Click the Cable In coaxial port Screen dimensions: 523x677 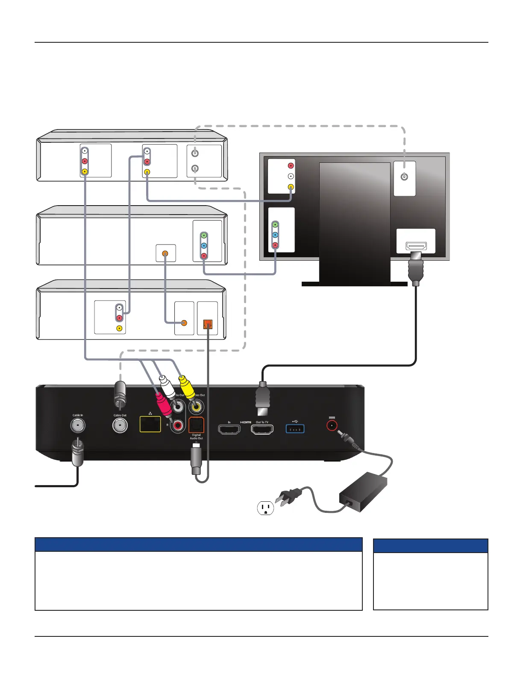[78, 425]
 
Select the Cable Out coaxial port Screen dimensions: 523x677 [120, 425]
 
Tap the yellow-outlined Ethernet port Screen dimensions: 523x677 [150, 424]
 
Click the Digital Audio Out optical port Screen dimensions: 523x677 [197, 425]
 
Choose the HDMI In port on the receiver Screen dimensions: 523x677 [229, 430]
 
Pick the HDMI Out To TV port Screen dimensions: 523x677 [262, 430]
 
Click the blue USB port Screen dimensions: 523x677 [295, 428]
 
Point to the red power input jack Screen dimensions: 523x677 [332, 425]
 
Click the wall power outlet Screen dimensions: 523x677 [265, 508]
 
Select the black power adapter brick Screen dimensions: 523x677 [363, 492]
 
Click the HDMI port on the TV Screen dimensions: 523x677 [416, 246]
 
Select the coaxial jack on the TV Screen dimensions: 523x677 [404, 177]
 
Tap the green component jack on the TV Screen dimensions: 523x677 [275, 224]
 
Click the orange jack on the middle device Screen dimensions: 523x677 [165, 253]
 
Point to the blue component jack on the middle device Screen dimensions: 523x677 [204, 246]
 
